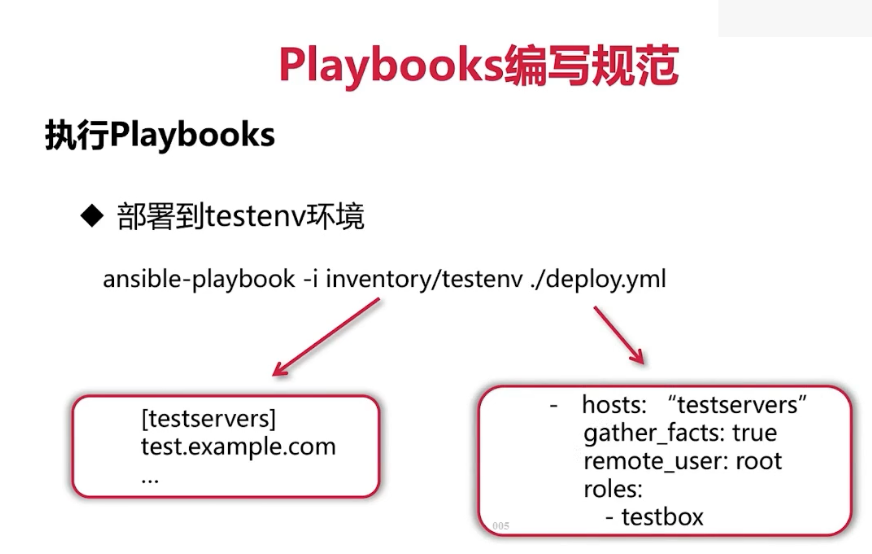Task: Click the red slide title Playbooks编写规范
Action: pos(479,66)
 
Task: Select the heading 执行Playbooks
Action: pos(160,135)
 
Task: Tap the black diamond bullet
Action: pos(93,215)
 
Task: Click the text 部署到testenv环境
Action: pos(240,216)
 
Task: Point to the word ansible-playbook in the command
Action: pos(198,279)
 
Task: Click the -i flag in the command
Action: pos(311,279)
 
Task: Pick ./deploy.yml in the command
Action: pos(597,279)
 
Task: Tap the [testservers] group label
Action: pos(209,418)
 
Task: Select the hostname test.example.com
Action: pos(238,446)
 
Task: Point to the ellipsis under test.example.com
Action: pos(151,477)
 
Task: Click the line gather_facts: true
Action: pos(680,433)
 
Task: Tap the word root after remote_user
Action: pos(759,461)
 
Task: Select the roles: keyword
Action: pos(613,489)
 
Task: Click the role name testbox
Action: pos(662,517)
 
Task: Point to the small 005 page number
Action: pos(501,525)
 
